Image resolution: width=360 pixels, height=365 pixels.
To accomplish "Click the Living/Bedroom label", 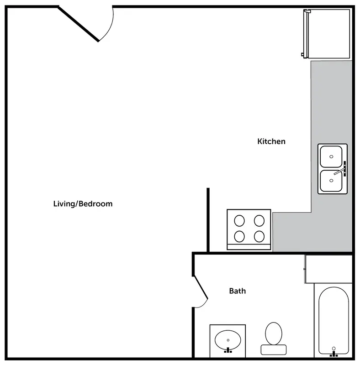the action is pos(83,204).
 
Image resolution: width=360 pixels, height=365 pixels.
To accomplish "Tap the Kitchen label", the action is pos(271,141).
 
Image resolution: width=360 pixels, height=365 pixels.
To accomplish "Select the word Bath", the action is pos(238,291).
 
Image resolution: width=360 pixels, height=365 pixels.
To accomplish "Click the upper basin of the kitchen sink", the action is pos(331,156).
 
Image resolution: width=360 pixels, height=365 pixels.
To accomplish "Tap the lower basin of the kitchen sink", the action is pos(331,181).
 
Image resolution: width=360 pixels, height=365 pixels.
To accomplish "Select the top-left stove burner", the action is pos(239,220).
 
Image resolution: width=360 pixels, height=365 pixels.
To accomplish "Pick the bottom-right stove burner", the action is pos(259,236).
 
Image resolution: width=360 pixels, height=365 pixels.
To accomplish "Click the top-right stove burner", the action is pos(259,220).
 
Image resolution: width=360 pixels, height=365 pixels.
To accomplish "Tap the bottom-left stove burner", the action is pos(239,236).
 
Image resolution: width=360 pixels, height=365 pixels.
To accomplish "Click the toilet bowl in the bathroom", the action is pos(274,334).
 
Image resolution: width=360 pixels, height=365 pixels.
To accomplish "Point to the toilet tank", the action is pos(274,349).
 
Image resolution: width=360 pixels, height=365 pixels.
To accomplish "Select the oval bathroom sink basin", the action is pos(228,340).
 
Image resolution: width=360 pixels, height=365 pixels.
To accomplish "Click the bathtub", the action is pos(334,321).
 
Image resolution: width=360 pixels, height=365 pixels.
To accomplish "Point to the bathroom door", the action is pos(201,288).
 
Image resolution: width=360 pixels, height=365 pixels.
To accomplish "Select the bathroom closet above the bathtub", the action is pos(329,269).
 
